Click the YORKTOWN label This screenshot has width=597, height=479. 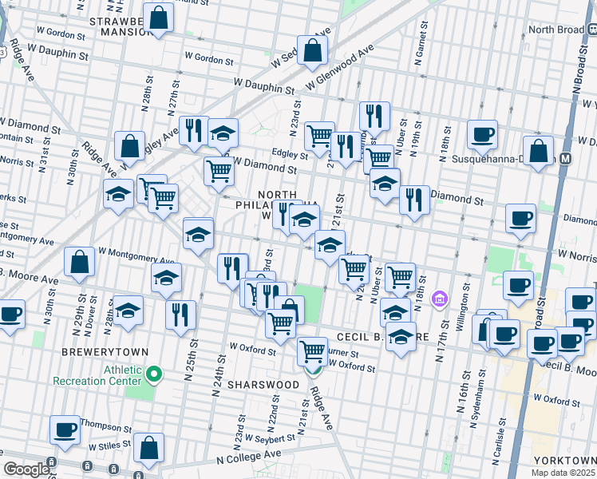(567, 461)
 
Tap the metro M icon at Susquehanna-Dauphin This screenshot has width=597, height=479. (565, 158)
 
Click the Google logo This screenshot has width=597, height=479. (26, 469)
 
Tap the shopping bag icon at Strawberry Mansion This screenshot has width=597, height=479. (160, 18)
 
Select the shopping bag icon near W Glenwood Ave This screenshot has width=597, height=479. (313, 49)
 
